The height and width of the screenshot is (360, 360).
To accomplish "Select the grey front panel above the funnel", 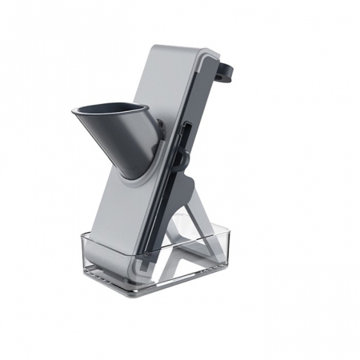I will tap(172, 80).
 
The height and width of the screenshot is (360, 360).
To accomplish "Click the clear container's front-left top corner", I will tap(83, 234).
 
